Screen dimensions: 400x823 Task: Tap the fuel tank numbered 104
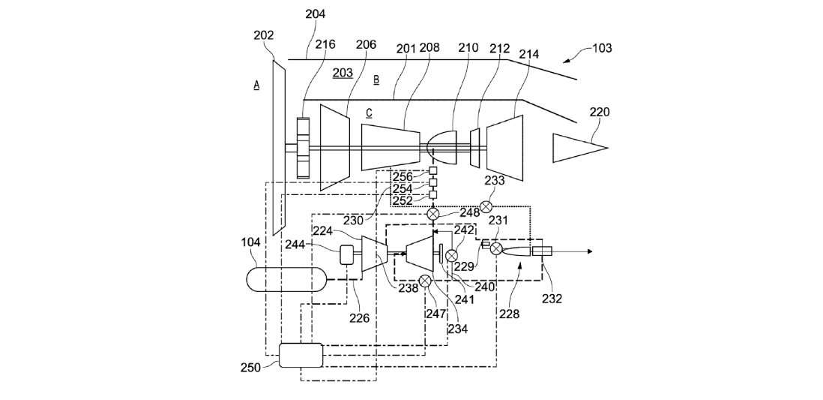(286, 278)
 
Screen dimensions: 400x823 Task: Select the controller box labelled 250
(301, 355)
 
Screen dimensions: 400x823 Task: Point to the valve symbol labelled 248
(432, 214)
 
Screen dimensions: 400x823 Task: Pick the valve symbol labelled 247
(425, 281)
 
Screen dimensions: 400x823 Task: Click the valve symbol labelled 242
(451, 256)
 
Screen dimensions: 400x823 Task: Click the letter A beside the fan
(256, 86)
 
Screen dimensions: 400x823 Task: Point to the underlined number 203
(343, 73)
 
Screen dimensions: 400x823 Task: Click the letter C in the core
(369, 113)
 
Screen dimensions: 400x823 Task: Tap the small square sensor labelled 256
(432, 170)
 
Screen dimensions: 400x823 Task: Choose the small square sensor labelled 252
(432, 195)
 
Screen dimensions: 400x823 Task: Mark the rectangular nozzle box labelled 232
(542, 251)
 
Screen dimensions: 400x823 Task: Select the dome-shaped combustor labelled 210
(442, 148)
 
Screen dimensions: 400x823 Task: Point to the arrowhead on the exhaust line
(589, 251)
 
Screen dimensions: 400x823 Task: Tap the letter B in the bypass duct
(376, 80)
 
